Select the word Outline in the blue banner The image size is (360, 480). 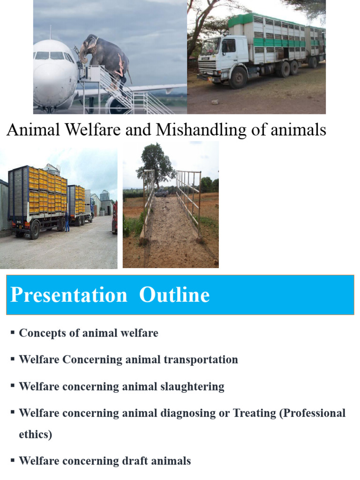(174, 295)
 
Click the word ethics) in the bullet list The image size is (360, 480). (35, 435)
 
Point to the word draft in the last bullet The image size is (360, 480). (125, 461)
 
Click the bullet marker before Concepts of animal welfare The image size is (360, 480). (13, 333)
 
